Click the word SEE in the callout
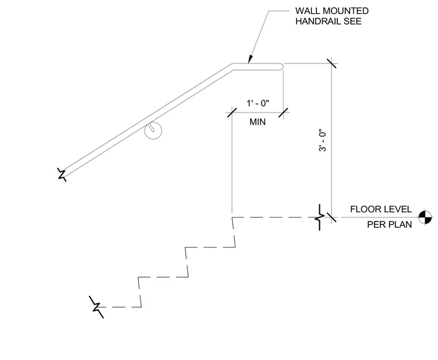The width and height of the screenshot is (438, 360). pyautogui.click(x=353, y=21)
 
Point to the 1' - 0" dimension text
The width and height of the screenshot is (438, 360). pyautogui.click(x=258, y=103)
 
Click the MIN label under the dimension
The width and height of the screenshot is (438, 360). pyautogui.click(x=258, y=122)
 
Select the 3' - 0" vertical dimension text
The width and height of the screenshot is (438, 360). pyautogui.click(x=322, y=140)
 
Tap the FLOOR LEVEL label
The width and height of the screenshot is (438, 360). pyautogui.click(x=381, y=209)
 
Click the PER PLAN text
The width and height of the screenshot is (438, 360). pyautogui.click(x=390, y=224)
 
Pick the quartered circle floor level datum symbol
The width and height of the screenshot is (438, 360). pyautogui.click(x=425, y=217)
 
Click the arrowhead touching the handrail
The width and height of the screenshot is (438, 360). pyautogui.click(x=250, y=59)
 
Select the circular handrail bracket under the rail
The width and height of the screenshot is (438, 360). pyautogui.click(x=153, y=130)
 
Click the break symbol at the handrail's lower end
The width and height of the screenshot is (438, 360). pyautogui.click(x=62, y=175)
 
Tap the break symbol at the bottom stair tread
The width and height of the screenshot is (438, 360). pyautogui.click(x=97, y=307)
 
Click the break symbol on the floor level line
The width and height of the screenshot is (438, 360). pyautogui.click(x=320, y=217)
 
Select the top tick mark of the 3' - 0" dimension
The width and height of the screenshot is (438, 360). pyautogui.click(x=331, y=63)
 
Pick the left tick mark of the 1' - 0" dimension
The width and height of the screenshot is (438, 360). pyautogui.click(x=232, y=112)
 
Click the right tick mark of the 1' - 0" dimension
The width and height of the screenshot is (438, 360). pyautogui.click(x=283, y=112)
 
